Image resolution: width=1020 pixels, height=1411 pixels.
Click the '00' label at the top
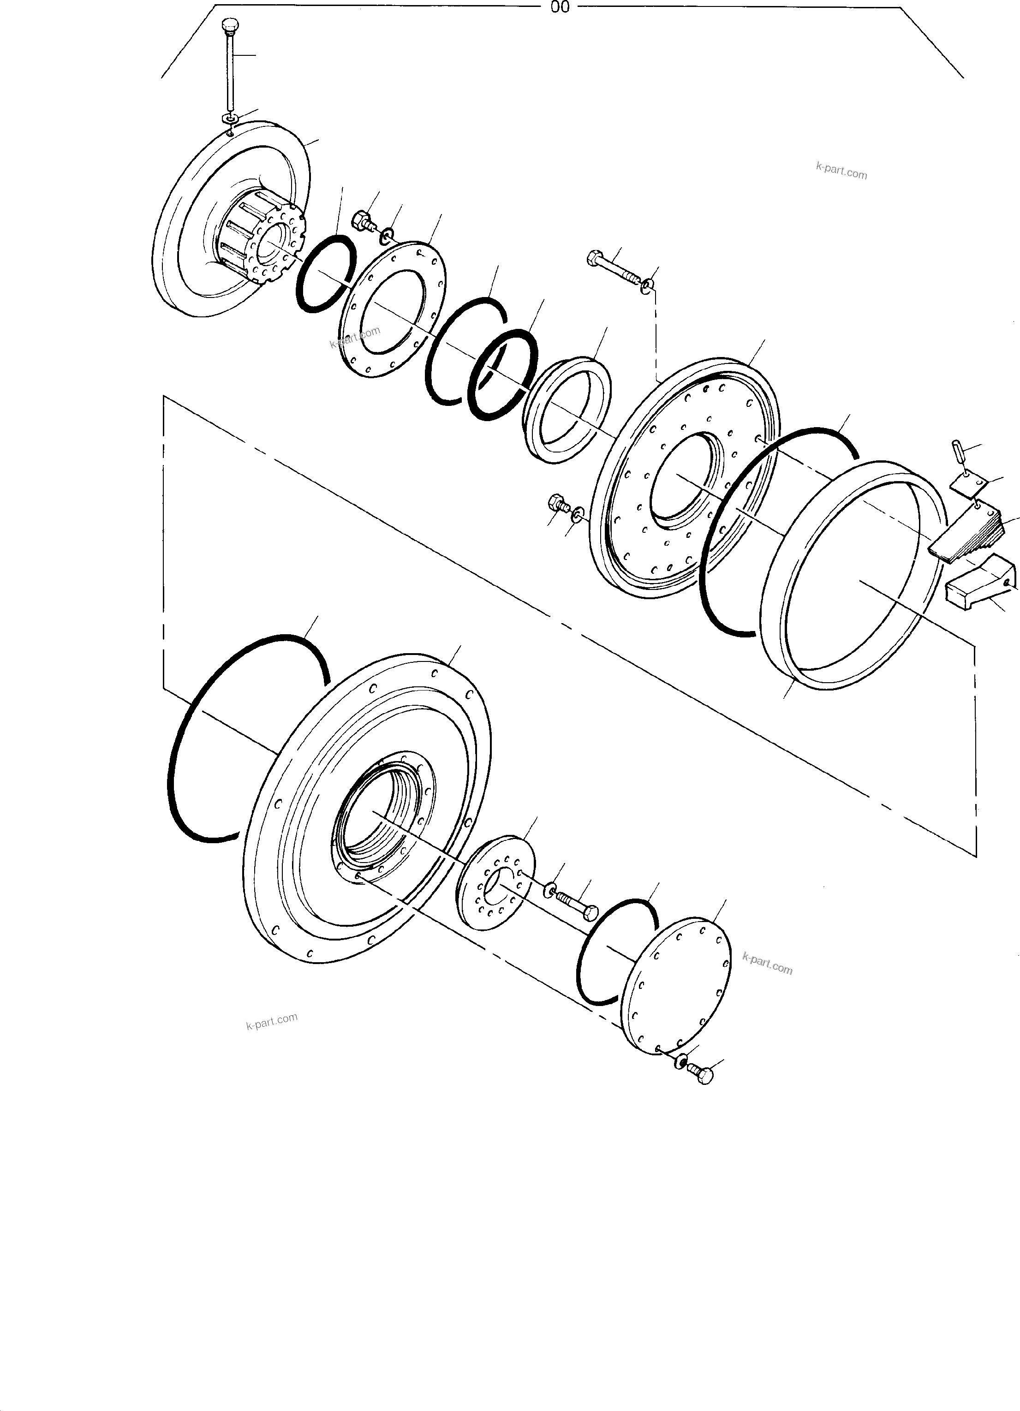tap(560, 7)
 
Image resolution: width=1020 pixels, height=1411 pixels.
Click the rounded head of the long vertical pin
tap(230, 27)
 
